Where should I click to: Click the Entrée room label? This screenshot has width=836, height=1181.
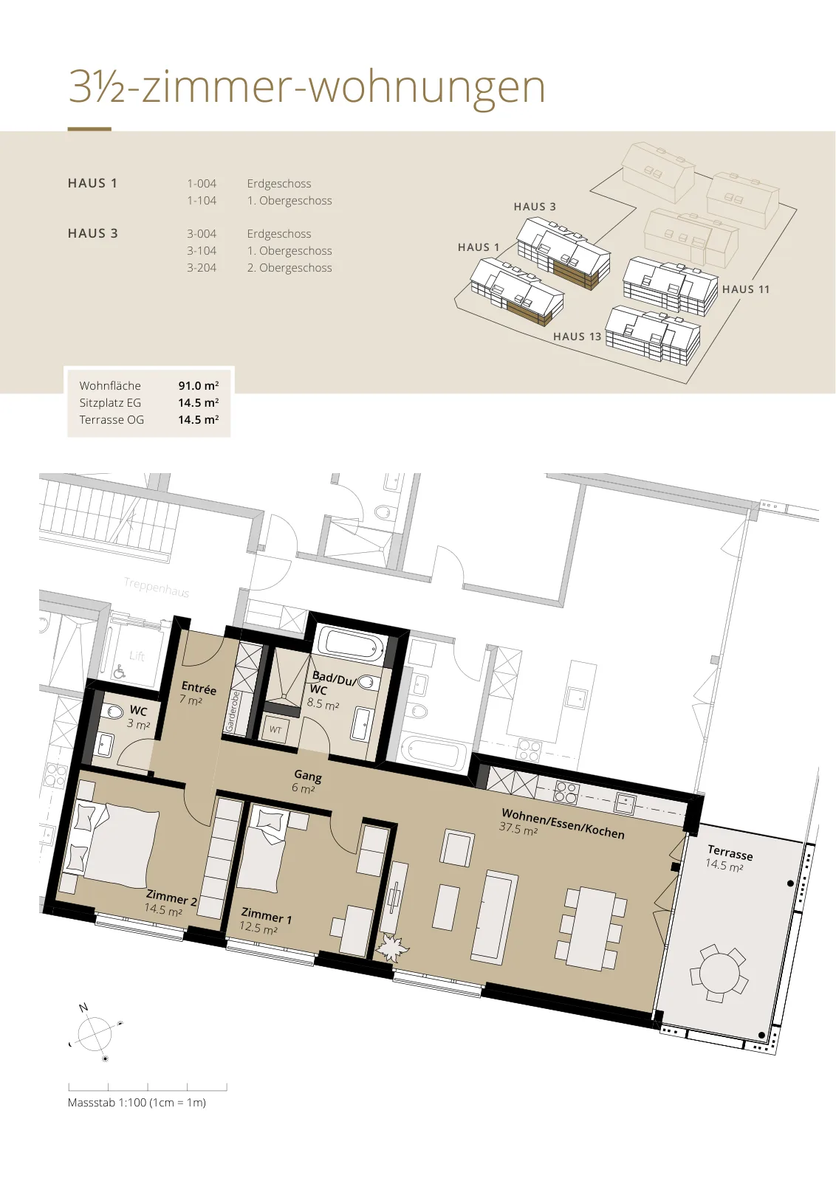pos(199,688)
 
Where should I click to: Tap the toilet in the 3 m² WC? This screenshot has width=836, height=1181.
pos(114,712)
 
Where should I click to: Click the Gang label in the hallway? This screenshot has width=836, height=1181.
pos(308,776)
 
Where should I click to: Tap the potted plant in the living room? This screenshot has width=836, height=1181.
pos(391,948)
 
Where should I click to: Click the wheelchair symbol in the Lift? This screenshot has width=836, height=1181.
pos(120,671)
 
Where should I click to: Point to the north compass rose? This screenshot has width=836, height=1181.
pos(95,1034)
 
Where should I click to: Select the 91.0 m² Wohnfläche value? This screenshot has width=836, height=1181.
pos(199,385)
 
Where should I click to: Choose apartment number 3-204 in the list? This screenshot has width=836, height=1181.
pos(202,268)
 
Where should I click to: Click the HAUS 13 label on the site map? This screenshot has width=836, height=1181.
pos(577,337)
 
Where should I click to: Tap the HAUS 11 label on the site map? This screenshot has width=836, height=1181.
pos(746,289)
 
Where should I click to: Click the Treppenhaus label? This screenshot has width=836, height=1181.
pos(156,587)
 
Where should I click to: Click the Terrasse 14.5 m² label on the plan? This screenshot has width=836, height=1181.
pos(728,858)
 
